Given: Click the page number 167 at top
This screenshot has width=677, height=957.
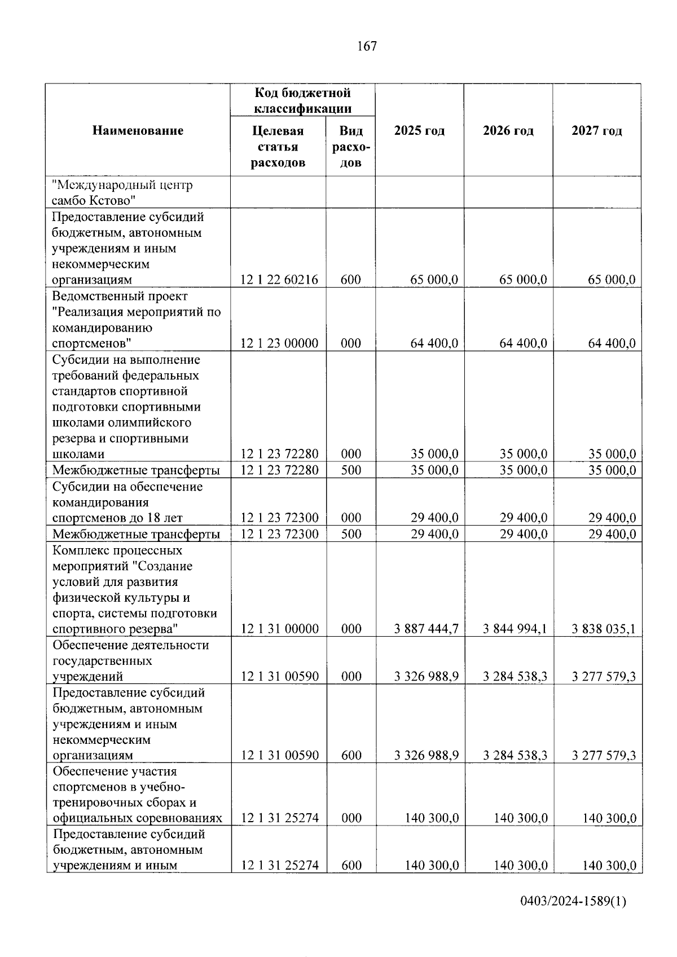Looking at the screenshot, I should click(x=367, y=46).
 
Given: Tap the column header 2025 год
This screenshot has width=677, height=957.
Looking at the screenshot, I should click(x=419, y=131).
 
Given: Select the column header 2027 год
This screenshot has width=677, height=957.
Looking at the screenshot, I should click(x=597, y=131).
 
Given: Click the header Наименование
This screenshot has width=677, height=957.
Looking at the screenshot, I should click(x=138, y=131).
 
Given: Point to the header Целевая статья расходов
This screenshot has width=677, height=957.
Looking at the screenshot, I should click(x=278, y=147).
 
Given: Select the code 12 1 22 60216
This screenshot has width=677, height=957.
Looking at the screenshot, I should click(x=279, y=280).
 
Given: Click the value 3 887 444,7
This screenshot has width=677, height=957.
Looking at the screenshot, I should click(x=426, y=629).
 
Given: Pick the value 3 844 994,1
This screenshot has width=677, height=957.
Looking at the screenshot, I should click(x=515, y=629).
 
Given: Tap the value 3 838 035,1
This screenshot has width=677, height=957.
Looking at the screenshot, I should click(x=603, y=629).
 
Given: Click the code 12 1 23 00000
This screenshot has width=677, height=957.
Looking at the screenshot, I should click(x=279, y=343).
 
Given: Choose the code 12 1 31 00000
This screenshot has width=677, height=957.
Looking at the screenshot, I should click(x=279, y=629).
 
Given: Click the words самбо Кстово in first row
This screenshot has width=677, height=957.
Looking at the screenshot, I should click(x=93, y=200).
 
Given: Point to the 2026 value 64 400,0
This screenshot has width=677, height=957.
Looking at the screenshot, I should click(x=523, y=343).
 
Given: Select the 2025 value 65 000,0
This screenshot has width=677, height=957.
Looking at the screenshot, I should click(x=434, y=280).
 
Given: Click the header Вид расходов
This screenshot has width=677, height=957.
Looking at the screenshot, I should click(x=351, y=147).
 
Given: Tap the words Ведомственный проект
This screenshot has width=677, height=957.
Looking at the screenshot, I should click(x=120, y=296).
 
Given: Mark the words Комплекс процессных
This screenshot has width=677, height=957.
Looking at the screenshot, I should click(x=117, y=550).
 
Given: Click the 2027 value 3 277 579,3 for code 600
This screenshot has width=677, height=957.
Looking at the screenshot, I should click(x=603, y=756).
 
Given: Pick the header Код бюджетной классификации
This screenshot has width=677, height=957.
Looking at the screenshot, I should click(x=302, y=100).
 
